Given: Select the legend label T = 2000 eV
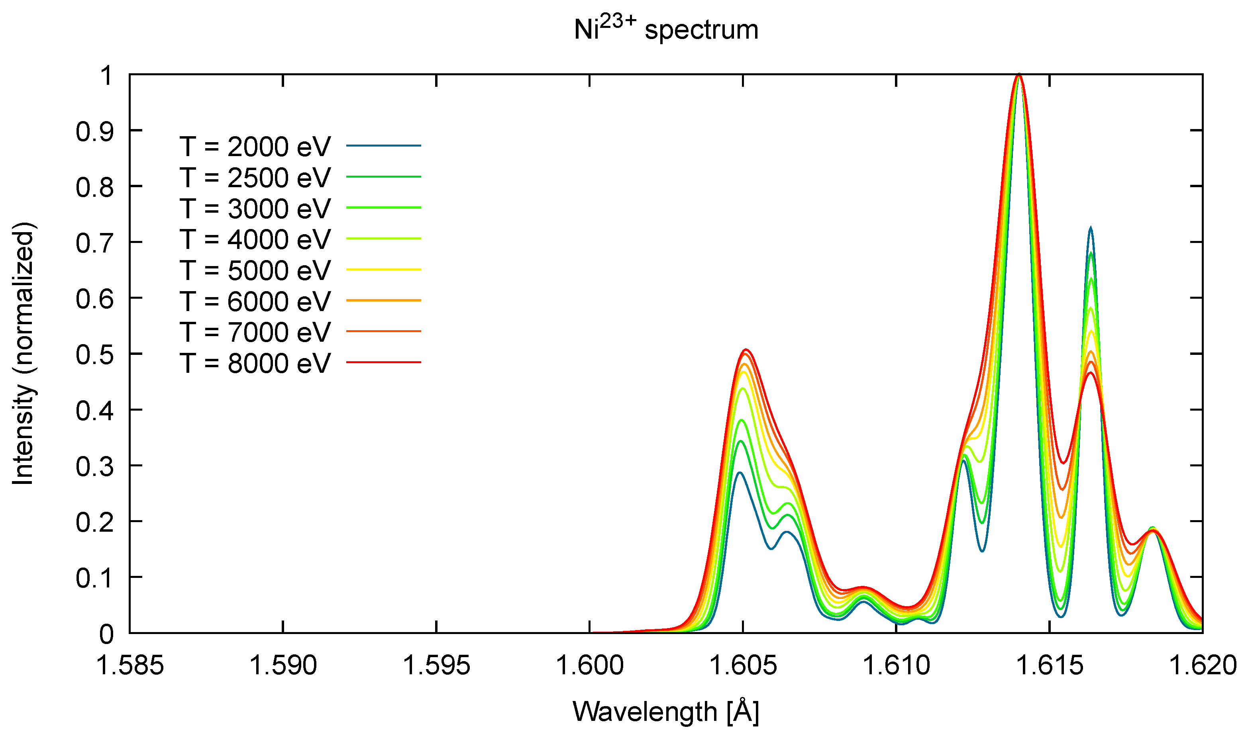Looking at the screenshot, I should (255, 147).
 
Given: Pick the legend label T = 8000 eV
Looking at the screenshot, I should (255, 363).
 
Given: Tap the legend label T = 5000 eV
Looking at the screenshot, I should (255, 270).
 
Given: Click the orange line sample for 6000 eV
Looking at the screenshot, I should (383, 300).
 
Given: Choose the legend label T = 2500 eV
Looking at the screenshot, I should (255, 178).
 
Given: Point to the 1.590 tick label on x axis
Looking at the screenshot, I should (283, 665).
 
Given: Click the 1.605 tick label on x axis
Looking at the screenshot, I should (743, 665).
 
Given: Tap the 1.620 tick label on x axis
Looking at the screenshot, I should (1202, 665).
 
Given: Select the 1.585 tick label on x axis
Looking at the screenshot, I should (130, 665).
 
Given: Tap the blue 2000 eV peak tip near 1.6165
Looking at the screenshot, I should (1091, 228).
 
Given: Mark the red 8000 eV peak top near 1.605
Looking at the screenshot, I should (746, 350).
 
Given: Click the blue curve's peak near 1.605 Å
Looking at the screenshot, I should (740, 472).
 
